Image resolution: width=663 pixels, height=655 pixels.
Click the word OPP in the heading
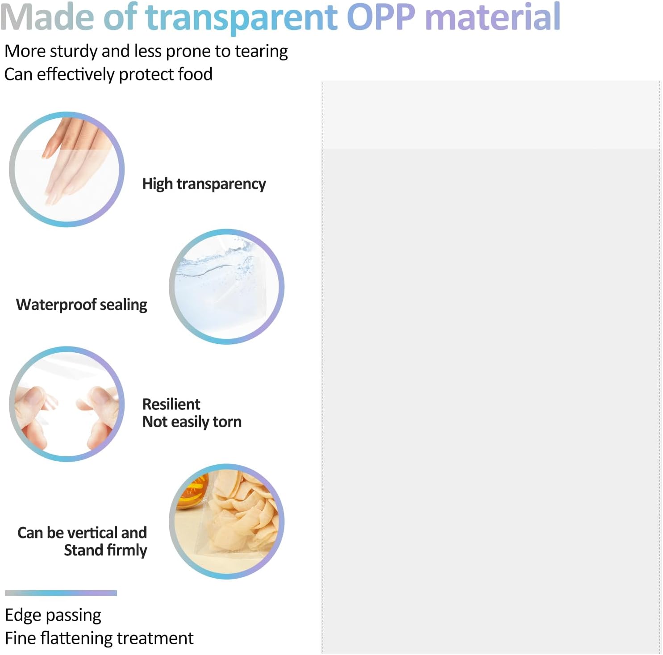tap(381, 17)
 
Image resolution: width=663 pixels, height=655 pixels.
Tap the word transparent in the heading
tap(242, 18)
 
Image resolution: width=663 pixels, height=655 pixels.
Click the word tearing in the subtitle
tap(261, 52)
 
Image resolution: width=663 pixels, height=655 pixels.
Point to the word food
tap(195, 74)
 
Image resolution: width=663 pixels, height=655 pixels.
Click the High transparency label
tap(204, 184)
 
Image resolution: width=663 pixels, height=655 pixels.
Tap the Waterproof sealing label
tap(82, 305)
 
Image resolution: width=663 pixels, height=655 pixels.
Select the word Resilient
tap(171, 404)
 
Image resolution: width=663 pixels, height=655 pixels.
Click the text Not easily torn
tap(192, 422)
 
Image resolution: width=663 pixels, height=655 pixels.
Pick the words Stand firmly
tap(105, 550)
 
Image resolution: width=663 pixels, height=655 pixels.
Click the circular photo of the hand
tap(67, 169)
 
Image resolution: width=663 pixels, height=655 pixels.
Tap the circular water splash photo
tap(227, 287)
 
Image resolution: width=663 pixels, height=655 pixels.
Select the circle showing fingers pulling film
tap(67, 404)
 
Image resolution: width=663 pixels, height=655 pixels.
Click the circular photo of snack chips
tap(227, 521)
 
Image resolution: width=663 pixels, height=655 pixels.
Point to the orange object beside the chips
tap(193, 492)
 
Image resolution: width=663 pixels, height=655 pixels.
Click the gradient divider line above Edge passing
tap(61, 593)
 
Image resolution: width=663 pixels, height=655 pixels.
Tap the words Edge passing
tap(53, 616)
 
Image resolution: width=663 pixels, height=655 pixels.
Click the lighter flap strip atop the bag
tap(491, 115)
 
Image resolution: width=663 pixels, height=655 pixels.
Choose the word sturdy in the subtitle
tap(74, 52)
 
